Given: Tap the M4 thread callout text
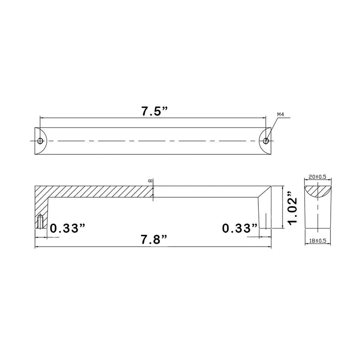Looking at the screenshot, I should click(280, 115).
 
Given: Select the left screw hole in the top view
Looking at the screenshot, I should click(40, 141).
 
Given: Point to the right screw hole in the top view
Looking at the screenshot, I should click(266, 141).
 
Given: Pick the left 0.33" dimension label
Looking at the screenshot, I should click(67, 228).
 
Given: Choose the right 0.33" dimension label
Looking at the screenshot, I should click(240, 228).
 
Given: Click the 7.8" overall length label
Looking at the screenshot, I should click(154, 240).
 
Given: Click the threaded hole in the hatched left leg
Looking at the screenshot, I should click(40, 221).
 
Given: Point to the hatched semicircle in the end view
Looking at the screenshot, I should click(318, 190).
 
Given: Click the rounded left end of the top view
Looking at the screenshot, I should click(37, 141).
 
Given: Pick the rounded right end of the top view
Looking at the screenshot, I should click(269, 141).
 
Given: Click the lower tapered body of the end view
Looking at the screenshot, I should click(318, 216).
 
